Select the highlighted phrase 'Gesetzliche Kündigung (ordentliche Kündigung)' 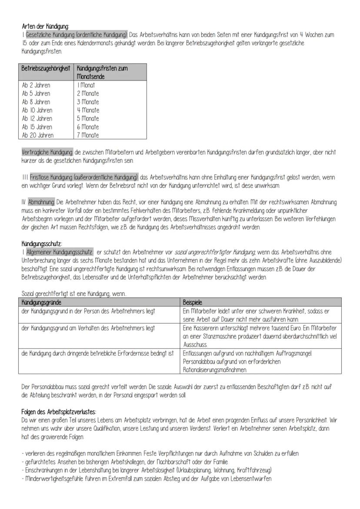77,34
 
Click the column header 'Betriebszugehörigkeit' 46,69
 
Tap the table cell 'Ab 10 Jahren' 37,110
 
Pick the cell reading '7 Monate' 88,135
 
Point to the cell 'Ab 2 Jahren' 36,85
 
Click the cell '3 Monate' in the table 88,102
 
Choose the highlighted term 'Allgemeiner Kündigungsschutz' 59,252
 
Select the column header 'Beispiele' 192,302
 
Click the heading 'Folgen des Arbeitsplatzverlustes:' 59,411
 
